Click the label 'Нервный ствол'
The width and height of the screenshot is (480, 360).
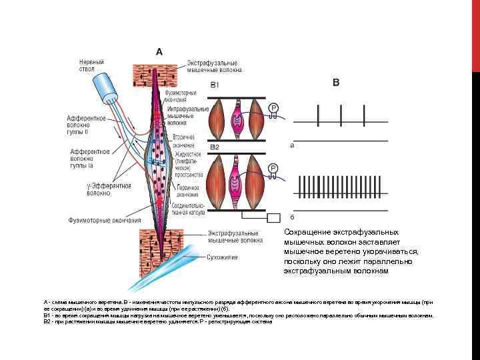[91, 65]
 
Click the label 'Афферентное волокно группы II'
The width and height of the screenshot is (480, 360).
[86, 124]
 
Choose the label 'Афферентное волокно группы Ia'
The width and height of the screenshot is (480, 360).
[90, 159]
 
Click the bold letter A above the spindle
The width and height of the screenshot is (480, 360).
[159, 51]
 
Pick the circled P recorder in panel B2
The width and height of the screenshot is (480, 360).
[273, 168]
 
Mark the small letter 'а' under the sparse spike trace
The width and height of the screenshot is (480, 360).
[292, 143]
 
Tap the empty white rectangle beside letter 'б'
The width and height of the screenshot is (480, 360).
[275, 218]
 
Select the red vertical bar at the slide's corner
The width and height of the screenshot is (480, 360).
[475, 33]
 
